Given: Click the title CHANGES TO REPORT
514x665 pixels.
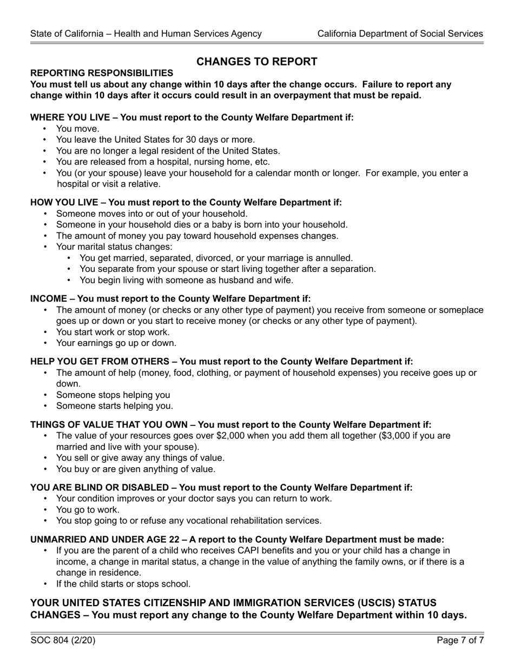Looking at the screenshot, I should pyautogui.click(x=256, y=62).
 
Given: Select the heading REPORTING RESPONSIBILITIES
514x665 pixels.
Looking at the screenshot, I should pyautogui.click(x=102, y=73).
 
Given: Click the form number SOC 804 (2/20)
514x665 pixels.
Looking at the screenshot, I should pyautogui.click(x=63, y=641).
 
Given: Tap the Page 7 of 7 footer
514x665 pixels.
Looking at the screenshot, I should pyautogui.click(x=460, y=641).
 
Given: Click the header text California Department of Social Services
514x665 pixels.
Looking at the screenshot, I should pyautogui.click(x=400, y=34).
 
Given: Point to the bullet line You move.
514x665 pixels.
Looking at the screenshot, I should pyautogui.click(x=78, y=129).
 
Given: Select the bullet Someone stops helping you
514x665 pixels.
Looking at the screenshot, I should pyautogui.click(x=113, y=395).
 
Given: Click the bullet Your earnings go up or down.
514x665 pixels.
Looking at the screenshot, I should pyautogui.click(x=116, y=343).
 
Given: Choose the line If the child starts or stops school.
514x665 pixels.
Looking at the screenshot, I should pyautogui.click(x=123, y=584).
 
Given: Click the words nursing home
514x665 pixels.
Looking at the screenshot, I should pyautogui.click(x=214, y=162).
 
